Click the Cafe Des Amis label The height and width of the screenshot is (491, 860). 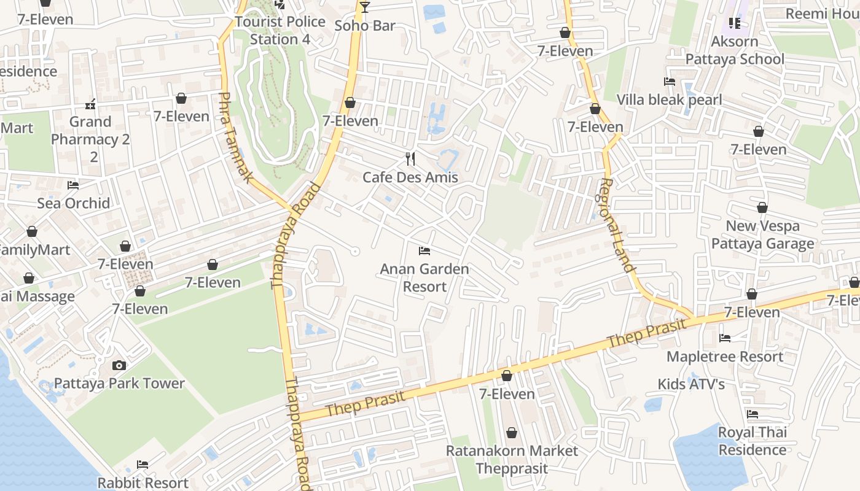click(x=410, y=177)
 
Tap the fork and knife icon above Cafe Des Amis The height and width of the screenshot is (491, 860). click(x=410, y=159)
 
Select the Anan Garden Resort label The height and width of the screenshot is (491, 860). click(x=424, y=277)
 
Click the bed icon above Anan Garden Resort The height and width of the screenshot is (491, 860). click(x=424, y=251)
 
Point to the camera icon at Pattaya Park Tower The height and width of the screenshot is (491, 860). click(x=119, y=365)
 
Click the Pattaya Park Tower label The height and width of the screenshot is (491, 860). click(x=119, y=384)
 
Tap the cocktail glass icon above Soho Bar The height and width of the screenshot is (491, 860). click(x=365, y=7)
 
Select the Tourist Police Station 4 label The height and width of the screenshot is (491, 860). click(x=280, y=30)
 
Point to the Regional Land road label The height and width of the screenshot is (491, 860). click(x=616, y=225)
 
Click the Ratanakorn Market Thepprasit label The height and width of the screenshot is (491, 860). click(x=512, y=460)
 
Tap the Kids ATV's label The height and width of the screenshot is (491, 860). click(x=691, y=385)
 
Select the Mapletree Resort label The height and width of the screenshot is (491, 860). click(x=724, y=357)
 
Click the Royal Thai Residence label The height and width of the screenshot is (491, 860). click(x=752, y=441)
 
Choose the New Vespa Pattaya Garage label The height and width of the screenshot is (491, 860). click(x=762, y=234)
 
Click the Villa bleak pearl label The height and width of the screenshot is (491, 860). click(x=669, y=99)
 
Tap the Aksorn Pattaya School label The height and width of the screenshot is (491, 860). click(x=735, y=50)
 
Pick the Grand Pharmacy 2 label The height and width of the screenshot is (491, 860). click(x=90, y=139)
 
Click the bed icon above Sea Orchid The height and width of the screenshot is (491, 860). click(x=73, y=185)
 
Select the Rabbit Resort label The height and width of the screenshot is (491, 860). click(x=143, y=482)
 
